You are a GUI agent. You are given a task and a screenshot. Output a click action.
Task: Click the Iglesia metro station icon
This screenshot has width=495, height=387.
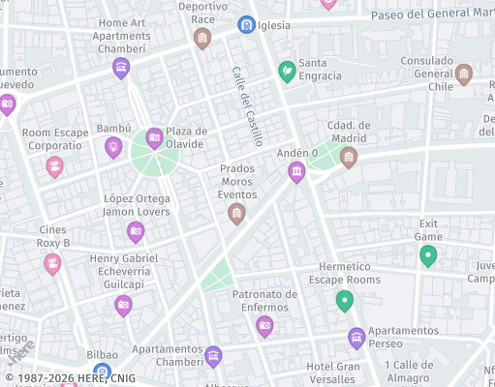coord(246,24)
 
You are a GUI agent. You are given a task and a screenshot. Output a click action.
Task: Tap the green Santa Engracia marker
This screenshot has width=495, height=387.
coord(287,71)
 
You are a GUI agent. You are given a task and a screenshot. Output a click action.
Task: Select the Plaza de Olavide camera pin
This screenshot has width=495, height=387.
coord(154,138)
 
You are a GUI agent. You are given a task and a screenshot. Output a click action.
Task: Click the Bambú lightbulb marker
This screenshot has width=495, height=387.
coord(114,147)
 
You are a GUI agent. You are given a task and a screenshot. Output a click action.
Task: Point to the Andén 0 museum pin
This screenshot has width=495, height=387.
coord(296,172)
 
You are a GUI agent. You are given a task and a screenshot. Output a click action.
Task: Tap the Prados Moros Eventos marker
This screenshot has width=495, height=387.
coord(236,213)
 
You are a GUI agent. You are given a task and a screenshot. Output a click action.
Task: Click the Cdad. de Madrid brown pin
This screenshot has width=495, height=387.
coord(349,157)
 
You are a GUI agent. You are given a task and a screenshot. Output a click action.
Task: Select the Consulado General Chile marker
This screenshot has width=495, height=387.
coord(464,74)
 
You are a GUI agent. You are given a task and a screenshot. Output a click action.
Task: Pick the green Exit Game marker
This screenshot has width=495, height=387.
coord(428,255)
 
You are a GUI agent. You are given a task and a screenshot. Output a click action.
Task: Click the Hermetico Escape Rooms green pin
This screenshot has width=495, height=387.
coord(344,300)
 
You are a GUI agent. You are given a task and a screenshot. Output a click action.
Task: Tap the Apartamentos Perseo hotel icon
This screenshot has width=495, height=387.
coord(356,338)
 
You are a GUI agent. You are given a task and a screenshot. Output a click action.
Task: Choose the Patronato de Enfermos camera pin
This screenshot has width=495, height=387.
coord(264,326)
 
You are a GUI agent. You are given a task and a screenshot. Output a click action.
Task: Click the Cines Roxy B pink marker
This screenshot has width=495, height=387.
coord(52,263)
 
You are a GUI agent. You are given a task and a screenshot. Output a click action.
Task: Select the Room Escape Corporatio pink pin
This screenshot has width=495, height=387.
coord(54,166)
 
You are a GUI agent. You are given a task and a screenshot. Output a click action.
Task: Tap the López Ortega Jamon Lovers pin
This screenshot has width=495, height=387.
coord(137,231)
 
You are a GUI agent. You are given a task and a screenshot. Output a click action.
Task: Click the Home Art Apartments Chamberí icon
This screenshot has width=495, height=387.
coord(121,67)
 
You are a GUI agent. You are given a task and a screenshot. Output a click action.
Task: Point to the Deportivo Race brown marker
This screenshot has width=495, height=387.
coord(201,38)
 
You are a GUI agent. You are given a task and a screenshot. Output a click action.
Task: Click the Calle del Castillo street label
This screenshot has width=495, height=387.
coord(247,106)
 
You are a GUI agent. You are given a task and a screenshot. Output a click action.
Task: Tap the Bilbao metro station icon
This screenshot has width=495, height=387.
coord(102,372)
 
